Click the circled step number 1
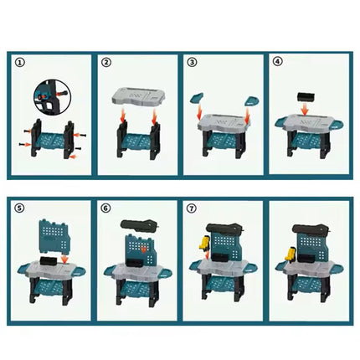(x=20, y=63)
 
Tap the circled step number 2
(x=105, y=63)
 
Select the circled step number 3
(x=192, y=62)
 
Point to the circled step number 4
(x=277, y=61)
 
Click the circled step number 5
(x=19, y=208)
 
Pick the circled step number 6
(x=105, y=208)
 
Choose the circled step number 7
(x=192, y=208)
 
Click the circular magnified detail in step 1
(x=52, y=97)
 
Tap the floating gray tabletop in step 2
(x=139, y=97)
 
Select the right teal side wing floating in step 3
(x=252, y=100)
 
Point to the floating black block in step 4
(x=306, y=98)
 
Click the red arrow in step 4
(x=305, y=109)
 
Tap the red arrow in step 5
(x=64, y=259)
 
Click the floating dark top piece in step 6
(x=139, y=224)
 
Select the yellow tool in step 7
(x=204, y=243)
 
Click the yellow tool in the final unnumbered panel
(x=291, y=254)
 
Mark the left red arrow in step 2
(x=122, y=116)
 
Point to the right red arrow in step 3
(x=247, y=116)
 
